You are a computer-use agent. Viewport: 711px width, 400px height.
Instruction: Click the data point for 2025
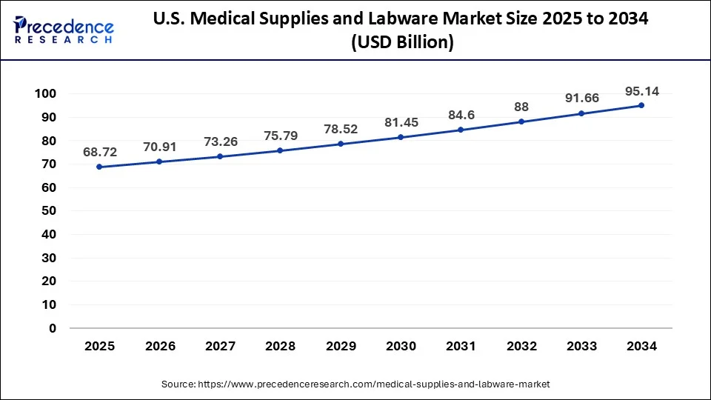pyautogui.click(x=99, y=167)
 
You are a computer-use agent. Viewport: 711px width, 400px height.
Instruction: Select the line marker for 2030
pyautogui.click(x=401, y=137)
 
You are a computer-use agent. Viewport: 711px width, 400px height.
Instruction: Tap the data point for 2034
pyautogui.click(x=641, y=105)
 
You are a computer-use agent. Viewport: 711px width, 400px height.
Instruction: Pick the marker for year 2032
pyautogui.click(x=521, y=121)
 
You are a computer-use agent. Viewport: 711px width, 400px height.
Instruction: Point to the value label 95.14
pyautogui.click(x=641, y=92)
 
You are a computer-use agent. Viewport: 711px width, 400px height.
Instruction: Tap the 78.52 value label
pyautogui.click(x=340, y=129)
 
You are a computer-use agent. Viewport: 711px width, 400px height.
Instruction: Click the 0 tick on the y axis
pyautogui.click(x=53, y=328)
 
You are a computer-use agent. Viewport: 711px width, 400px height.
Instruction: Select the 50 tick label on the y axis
pyautogui.click(x=49, y=211)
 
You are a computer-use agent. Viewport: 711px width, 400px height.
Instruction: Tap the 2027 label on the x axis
pyautogui.click(x=220, y=346)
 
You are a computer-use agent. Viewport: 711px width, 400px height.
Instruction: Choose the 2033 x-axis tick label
pyautogui.click(x=581, y=346)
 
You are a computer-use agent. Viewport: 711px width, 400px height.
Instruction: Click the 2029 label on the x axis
pyautogui.click(x=340, y=346)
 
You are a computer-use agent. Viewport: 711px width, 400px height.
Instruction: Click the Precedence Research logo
pyautogui.click(x=64, y=30)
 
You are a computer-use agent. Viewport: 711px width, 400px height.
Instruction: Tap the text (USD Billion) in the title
pyautogui.click(x=400, y=43)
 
